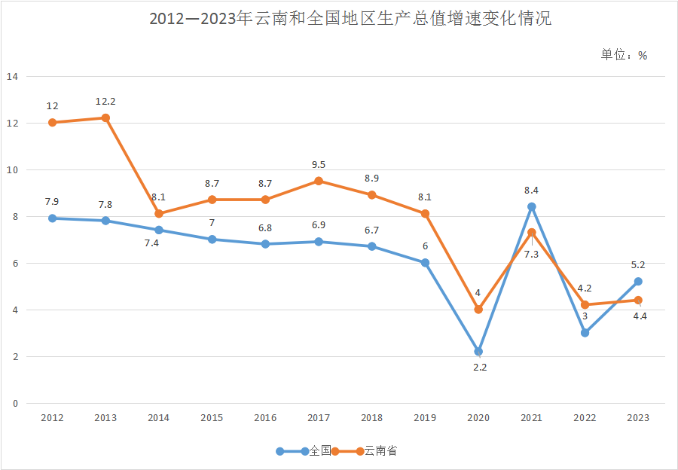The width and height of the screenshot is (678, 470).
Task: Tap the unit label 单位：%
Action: pyautogui.click(x=624, y=55)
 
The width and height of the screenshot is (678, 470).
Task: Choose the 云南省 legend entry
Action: pyautogui.click(x=380, y=451)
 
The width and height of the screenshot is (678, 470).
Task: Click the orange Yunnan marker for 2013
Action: pyautogui.click(x=105, y=117)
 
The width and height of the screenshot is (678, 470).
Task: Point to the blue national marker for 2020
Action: pyautogui.click(x=478, y=352)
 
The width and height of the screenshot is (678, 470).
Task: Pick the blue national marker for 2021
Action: pyautogui.click(x=532, y=206)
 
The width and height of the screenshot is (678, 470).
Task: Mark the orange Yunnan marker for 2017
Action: pyautogui.click(x=319, y=181)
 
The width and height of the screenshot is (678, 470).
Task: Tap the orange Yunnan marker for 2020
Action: pyautogui.click(x=478, y=310)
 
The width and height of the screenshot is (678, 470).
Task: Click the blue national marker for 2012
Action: pyautogui.click(x=52, y=218)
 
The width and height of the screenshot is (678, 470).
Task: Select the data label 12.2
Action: pyautogui.click(x=105, y=102)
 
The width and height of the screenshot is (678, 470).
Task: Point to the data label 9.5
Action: pyautogui.click(x=319, y=165)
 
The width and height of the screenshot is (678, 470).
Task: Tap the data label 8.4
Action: pyautogui.click(x=532, y=191)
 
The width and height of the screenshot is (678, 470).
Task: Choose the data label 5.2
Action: pyautogui.click(x=638, y=265)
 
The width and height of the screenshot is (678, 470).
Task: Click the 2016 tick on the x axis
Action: pyautogui.click(x=265, y=417)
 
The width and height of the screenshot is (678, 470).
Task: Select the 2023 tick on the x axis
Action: pyautogui.click(x=638, y=417)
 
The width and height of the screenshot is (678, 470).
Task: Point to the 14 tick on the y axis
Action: pyautogui.click(x=12, y=76)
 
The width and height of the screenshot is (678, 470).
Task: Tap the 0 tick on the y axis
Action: pyautogui.click(x=15, y=403)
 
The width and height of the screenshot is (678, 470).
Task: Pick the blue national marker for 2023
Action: pyautogui.click(x=638, y=282)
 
